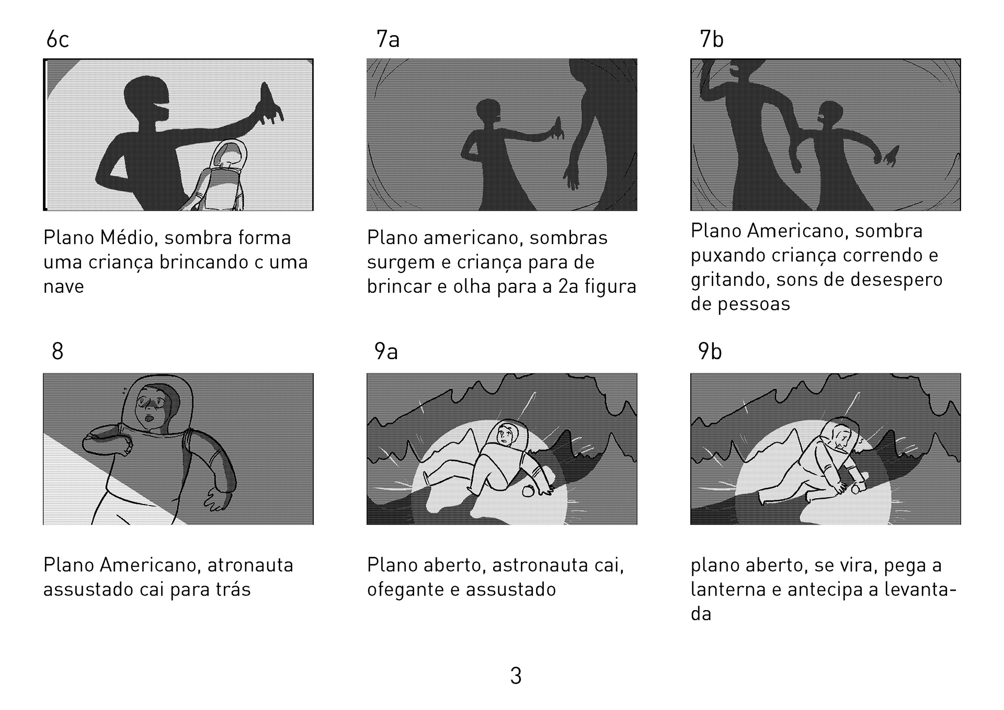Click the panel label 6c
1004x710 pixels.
(58, 40)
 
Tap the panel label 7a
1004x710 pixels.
(388, 40)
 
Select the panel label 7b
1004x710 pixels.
(712, 40)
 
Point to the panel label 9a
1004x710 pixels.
(386, 351)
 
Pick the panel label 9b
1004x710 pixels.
(710, 351)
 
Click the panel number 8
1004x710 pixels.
(58, 351)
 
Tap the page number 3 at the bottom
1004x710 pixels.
(516, 676)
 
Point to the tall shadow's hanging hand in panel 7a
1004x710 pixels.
(572, 176)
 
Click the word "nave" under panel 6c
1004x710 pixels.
(63, 287)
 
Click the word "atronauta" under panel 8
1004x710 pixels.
(250, 565)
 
